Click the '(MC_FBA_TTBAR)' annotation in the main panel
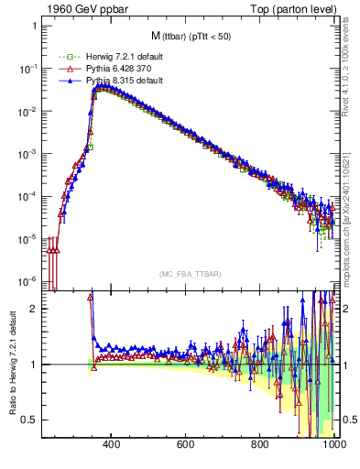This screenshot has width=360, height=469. (190, 274)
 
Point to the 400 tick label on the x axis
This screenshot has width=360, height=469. (112, 445)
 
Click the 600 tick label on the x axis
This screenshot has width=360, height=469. (186, 445)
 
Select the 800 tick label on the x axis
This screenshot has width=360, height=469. (260, 445)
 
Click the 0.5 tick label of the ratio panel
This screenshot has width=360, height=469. (29, 420)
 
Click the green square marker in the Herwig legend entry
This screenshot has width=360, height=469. (62, 57)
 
